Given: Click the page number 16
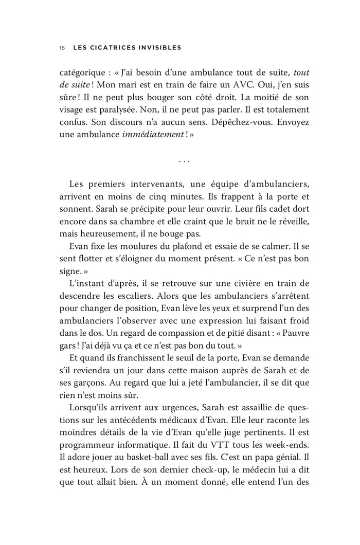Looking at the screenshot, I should point(62,48).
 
